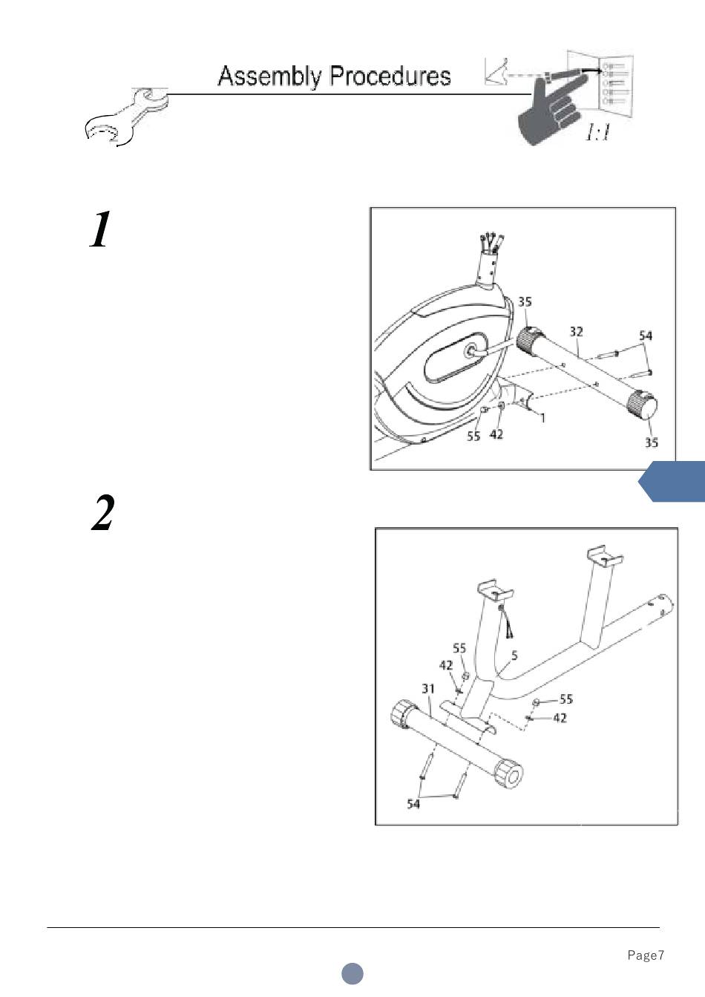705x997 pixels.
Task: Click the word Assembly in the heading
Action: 269,76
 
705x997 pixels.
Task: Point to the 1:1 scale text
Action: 597,133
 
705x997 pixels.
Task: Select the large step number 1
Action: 99,229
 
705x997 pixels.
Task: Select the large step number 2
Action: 102,512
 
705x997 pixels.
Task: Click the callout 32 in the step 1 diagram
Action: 576,331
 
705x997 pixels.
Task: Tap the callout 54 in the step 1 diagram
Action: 646,336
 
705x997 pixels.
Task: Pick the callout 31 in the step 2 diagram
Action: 428,689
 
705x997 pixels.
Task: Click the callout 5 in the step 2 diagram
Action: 514,656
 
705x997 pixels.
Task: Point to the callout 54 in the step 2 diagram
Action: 413,803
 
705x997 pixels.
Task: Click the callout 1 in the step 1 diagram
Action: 542,417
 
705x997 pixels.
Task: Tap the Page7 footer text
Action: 646,955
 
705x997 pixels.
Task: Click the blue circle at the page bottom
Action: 352,973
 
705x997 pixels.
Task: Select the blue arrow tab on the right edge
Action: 672,482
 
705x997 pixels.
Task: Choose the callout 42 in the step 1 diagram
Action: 496,434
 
